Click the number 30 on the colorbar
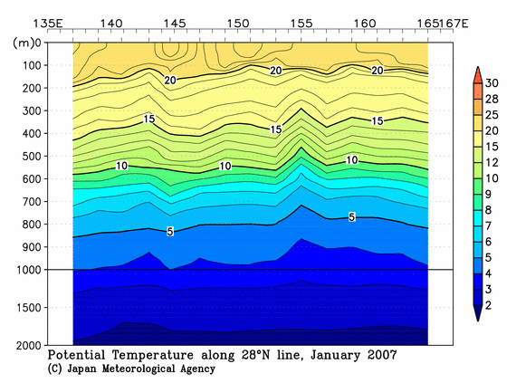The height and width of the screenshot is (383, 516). click(x=493, y=82)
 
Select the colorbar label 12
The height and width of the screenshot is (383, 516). click(x=493, y=162)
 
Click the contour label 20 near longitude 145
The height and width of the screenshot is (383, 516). click(x=169, y=81)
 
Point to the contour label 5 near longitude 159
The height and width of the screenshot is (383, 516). click(x=351, y=216)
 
